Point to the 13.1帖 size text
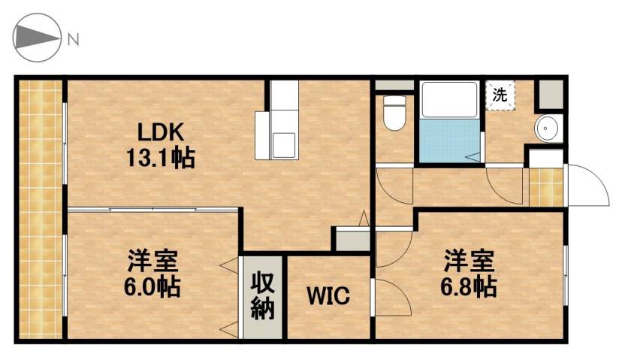pos(160,158)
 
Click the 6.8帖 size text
pos(468,286)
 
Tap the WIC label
pos(328,295)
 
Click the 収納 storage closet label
pos(262,296)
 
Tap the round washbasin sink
pos(545,129)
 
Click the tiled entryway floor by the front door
pos(546,187)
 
